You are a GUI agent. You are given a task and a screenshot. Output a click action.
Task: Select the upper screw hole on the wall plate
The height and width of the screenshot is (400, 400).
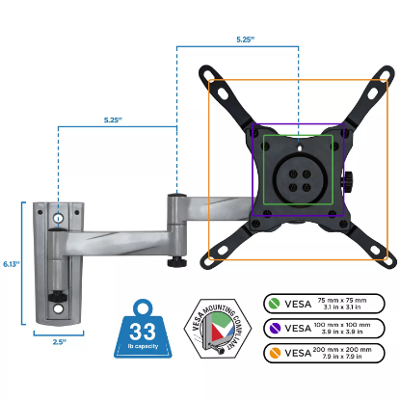tap(59, 219)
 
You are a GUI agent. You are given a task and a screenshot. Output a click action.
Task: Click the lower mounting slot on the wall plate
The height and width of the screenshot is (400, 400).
tap(59, 309)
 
